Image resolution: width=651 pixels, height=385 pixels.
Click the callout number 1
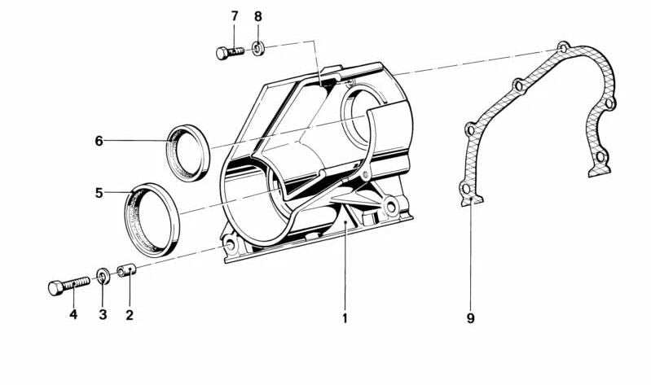click(345, 318)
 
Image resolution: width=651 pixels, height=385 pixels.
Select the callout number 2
click(130, 315)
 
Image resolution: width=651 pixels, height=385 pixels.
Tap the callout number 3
click(103, 315)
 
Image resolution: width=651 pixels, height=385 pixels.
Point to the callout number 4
click(73, 315)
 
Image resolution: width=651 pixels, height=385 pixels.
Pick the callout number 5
click(99, 193)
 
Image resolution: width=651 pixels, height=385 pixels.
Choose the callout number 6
click(99, 141)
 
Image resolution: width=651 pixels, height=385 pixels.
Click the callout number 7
click(235, 16)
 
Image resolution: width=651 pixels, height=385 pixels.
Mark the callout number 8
click(258, 16)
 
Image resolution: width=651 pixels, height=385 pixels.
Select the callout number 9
click(470, 318)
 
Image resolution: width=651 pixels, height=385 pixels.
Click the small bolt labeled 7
click(230, 53)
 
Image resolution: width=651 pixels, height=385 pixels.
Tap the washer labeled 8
click(257, 50)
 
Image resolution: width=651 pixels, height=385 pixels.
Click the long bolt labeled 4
click(69, 286)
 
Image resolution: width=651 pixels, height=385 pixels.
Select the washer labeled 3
click(103, 276)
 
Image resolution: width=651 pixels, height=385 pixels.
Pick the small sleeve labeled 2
click(126, 271)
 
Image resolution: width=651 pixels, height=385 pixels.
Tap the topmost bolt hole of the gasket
click(563, 48)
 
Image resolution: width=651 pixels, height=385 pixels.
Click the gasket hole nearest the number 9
click(466, 189)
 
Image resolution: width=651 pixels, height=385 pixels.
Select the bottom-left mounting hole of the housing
click(231, 246)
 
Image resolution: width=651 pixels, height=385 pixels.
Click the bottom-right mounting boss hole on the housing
click(391, 206)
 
